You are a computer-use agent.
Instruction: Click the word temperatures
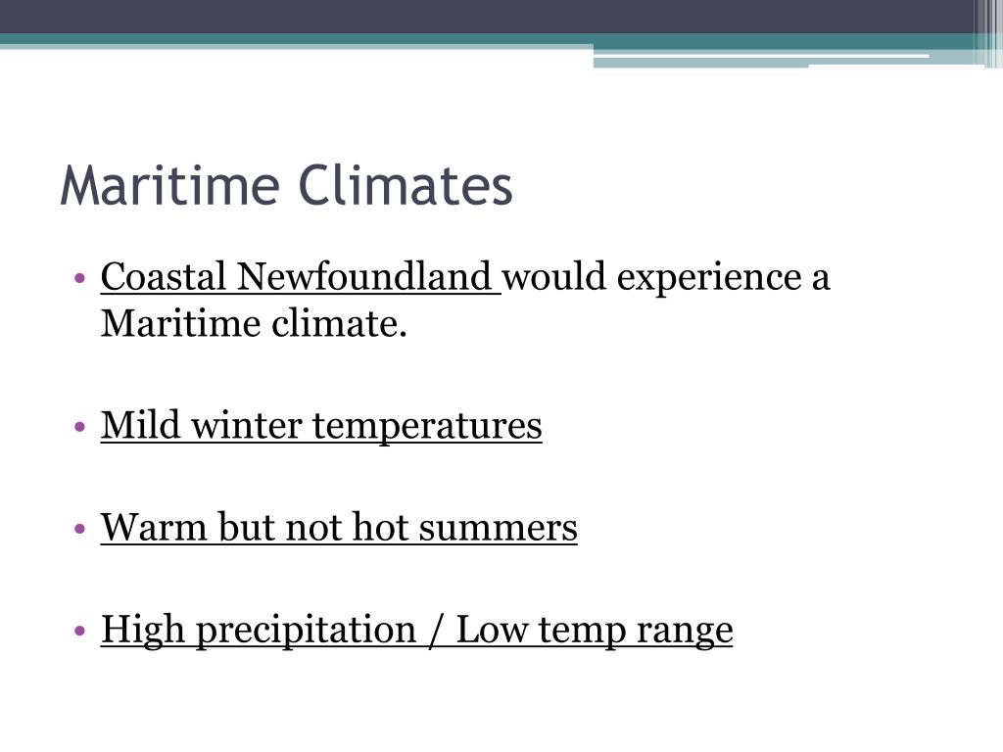click(427, 426)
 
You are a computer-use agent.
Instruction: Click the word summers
click(499, 528)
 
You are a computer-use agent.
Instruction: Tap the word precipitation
click(307, 630)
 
